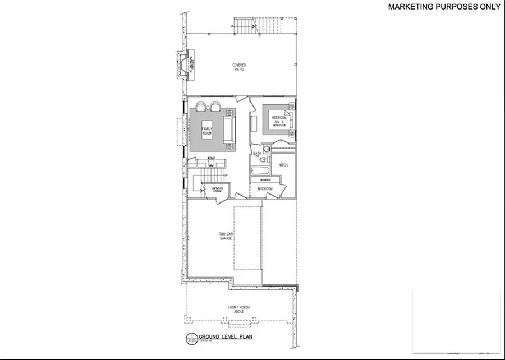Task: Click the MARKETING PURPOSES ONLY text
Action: (x=444, y=7)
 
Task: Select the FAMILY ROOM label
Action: (x=206, y=131)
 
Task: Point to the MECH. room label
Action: (x=283, y=165)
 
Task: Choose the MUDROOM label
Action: (x=265, y=189)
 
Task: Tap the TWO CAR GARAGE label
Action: (x=226, y=237)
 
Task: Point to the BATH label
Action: (x=257, y=153)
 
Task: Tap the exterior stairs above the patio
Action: (x=243, y=25)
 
